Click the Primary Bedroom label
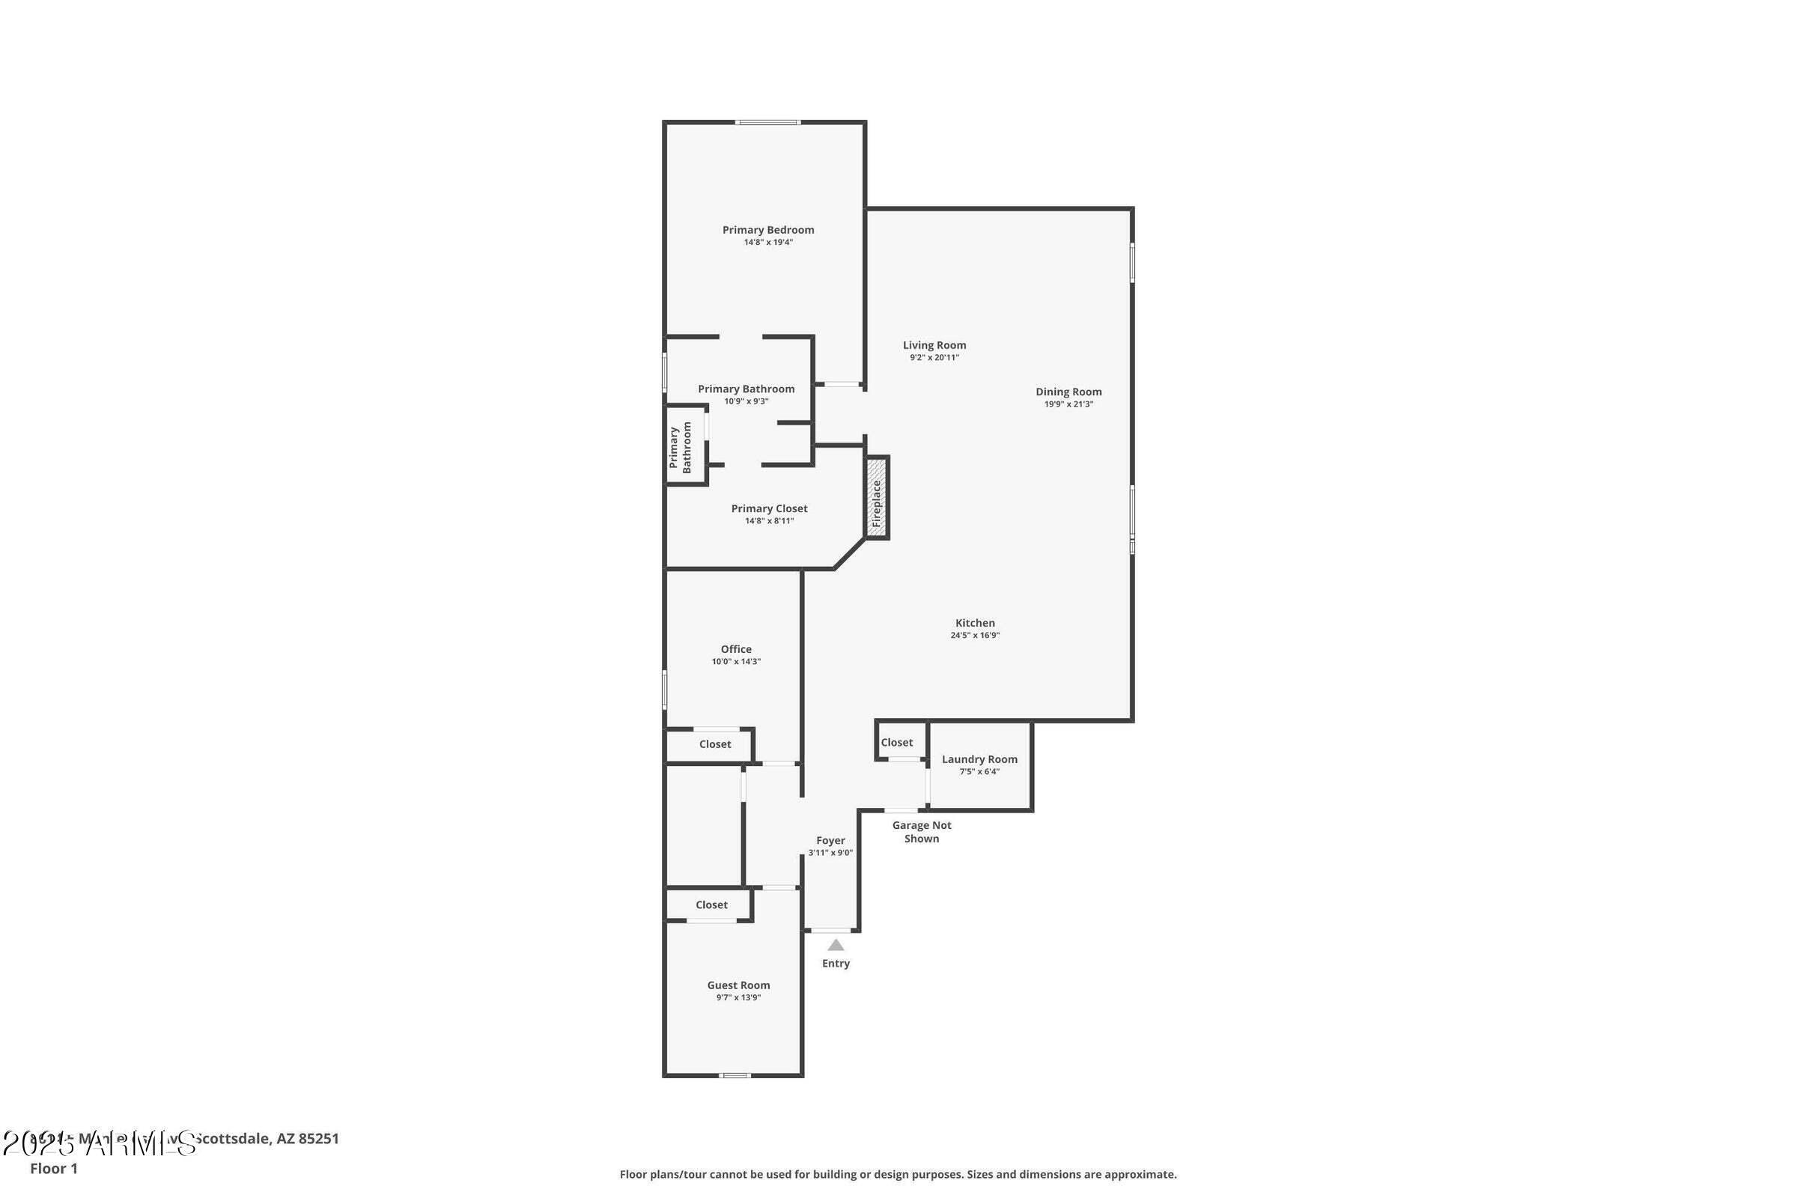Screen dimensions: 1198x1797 768,230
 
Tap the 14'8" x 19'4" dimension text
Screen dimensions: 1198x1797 768,242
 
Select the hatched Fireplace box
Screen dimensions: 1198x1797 876,498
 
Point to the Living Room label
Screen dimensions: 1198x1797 934,345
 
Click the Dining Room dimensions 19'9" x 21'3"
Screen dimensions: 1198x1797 1068,404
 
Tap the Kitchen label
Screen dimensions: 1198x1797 975,623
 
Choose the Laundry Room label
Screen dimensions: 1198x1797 979,758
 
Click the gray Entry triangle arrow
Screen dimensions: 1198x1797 836,945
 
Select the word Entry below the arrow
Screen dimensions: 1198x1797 836,964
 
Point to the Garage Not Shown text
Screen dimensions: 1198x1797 922,832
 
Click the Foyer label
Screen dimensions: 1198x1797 830,840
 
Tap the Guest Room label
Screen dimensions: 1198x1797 738,985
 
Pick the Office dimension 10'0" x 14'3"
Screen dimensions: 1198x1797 736,662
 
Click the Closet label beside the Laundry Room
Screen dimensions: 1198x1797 896,743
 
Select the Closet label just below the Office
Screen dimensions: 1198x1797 714,744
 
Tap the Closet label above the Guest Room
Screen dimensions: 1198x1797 711,904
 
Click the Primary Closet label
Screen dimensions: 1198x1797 769,509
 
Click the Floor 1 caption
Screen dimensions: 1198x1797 53,1168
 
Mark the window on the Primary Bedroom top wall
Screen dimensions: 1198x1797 768,122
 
